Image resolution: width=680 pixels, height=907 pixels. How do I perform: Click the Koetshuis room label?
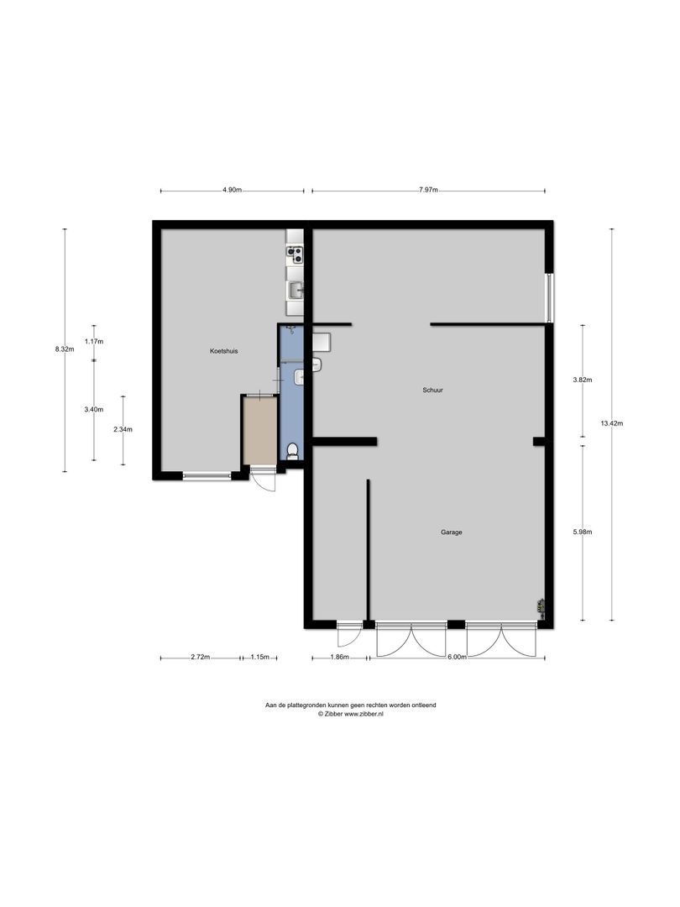(x=223, y=351)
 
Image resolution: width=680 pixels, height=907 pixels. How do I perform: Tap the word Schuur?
(x=433, y=391)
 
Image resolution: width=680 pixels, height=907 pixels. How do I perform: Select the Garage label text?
(x=452, y=532)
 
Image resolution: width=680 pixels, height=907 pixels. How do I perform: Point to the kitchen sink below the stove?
(x=295, y=290)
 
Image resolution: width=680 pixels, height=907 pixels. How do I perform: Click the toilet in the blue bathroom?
(x=291, y=452)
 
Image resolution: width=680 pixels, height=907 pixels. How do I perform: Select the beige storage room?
(x=259, y=429)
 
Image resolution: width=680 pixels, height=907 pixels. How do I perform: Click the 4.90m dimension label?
(x=232, y=191)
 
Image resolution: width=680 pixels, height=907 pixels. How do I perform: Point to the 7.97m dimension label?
(x=428, y=191)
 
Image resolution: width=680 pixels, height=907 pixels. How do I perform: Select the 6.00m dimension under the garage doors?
(x=456, y=658)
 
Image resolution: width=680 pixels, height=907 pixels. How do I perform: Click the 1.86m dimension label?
(x=339, y=658)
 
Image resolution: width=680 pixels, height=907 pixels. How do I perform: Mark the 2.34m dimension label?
(x=123, y=429)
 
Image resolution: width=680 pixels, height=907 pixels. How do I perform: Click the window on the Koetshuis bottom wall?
(x=207, y=475)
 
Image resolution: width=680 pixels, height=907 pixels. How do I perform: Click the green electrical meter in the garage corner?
(x=542, y=605)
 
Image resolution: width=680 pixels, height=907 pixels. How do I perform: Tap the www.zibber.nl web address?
(x=364, y=713)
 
